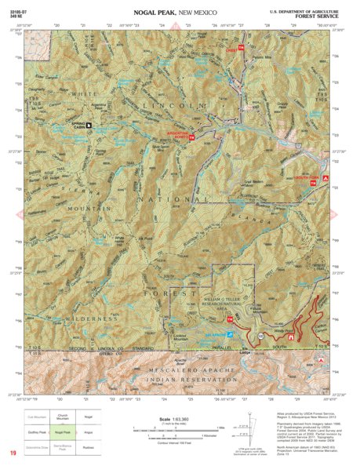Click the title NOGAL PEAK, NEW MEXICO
click(180, 13)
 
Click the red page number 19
click(13, 453)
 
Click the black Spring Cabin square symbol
click(89, 124)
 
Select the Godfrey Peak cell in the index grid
click(49, 431)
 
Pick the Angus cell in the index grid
click(89, 431)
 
